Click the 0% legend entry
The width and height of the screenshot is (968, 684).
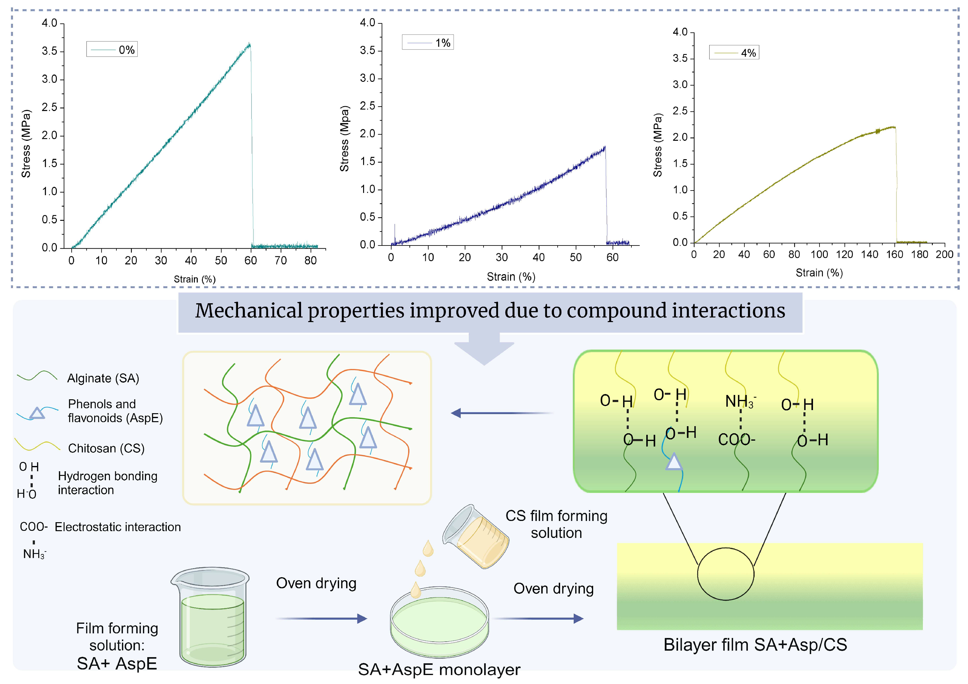tap(112, 49)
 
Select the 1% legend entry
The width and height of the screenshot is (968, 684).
tap(428, 43)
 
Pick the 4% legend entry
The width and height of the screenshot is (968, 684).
tap(734, 53)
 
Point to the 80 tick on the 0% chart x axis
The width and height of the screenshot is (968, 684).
tap(310, 261)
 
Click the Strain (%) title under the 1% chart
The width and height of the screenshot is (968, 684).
tap(511, 277)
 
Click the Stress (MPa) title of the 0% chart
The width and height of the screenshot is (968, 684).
tap(26, 144)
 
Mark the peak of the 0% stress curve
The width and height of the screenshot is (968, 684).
tap(249, 44)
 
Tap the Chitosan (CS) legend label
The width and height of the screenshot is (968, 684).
tap(106, 448)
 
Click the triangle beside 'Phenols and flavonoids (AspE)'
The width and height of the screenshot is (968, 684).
tap(37, 413)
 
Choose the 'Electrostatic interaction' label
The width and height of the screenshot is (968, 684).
tap(118, 527)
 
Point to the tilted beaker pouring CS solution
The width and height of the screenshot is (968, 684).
tap(476, 536)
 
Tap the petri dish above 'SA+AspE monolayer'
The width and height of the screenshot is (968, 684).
tap(439, 621)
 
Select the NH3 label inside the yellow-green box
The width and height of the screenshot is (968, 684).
tap(740, 401)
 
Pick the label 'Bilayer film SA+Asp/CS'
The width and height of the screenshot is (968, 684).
tap(755, 645)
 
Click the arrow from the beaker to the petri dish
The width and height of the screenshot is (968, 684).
tap(321, 619)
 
